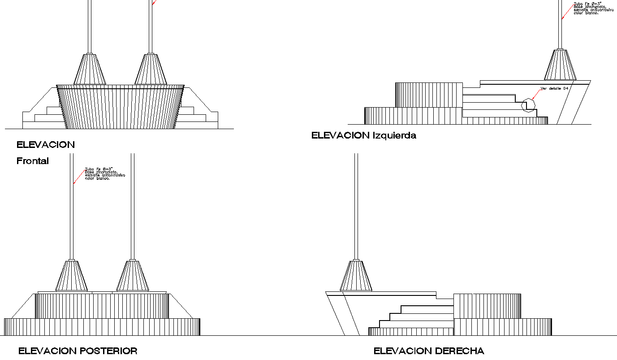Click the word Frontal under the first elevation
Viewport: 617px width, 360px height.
(33, 161)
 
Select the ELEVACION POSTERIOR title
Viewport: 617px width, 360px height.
(78, 351)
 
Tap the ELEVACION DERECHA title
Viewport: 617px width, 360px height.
(429, 351)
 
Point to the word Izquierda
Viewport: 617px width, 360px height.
(394, 135)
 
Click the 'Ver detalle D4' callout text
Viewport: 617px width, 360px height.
(554, 89)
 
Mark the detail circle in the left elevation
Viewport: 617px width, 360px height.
(529, 105)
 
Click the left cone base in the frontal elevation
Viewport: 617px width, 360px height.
(90, 69)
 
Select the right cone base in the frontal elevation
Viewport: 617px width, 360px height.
(151, 69)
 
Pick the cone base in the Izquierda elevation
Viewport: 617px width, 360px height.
(560, 65)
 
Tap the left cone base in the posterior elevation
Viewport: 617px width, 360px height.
(71, 276)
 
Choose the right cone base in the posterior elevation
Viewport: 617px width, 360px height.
(132, 276)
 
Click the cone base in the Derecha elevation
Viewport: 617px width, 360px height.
(356, 276)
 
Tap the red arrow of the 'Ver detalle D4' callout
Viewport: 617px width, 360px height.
(535, 93)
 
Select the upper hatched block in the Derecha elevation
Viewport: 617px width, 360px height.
(487, 306)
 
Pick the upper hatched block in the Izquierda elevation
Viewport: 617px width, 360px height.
(428, 95)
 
